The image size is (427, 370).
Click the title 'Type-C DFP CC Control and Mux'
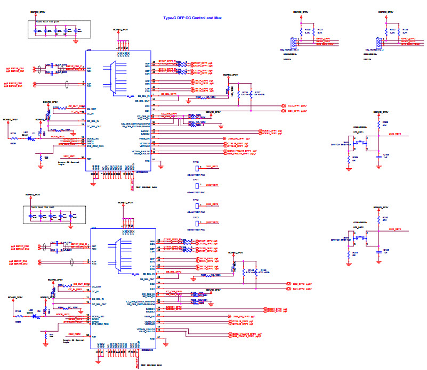pos(192,18)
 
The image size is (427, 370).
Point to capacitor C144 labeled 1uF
pos(385,155)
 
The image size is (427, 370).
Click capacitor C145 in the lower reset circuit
pos(385,250)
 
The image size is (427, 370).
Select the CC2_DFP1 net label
pos(292,105)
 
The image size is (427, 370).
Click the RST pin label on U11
pos(89,159)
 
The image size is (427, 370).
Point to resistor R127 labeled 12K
pos(257,93)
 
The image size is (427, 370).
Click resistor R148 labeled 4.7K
pos(249,271)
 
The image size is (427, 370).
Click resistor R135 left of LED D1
pos(14,134)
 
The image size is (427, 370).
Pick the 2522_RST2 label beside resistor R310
pos(395,228)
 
